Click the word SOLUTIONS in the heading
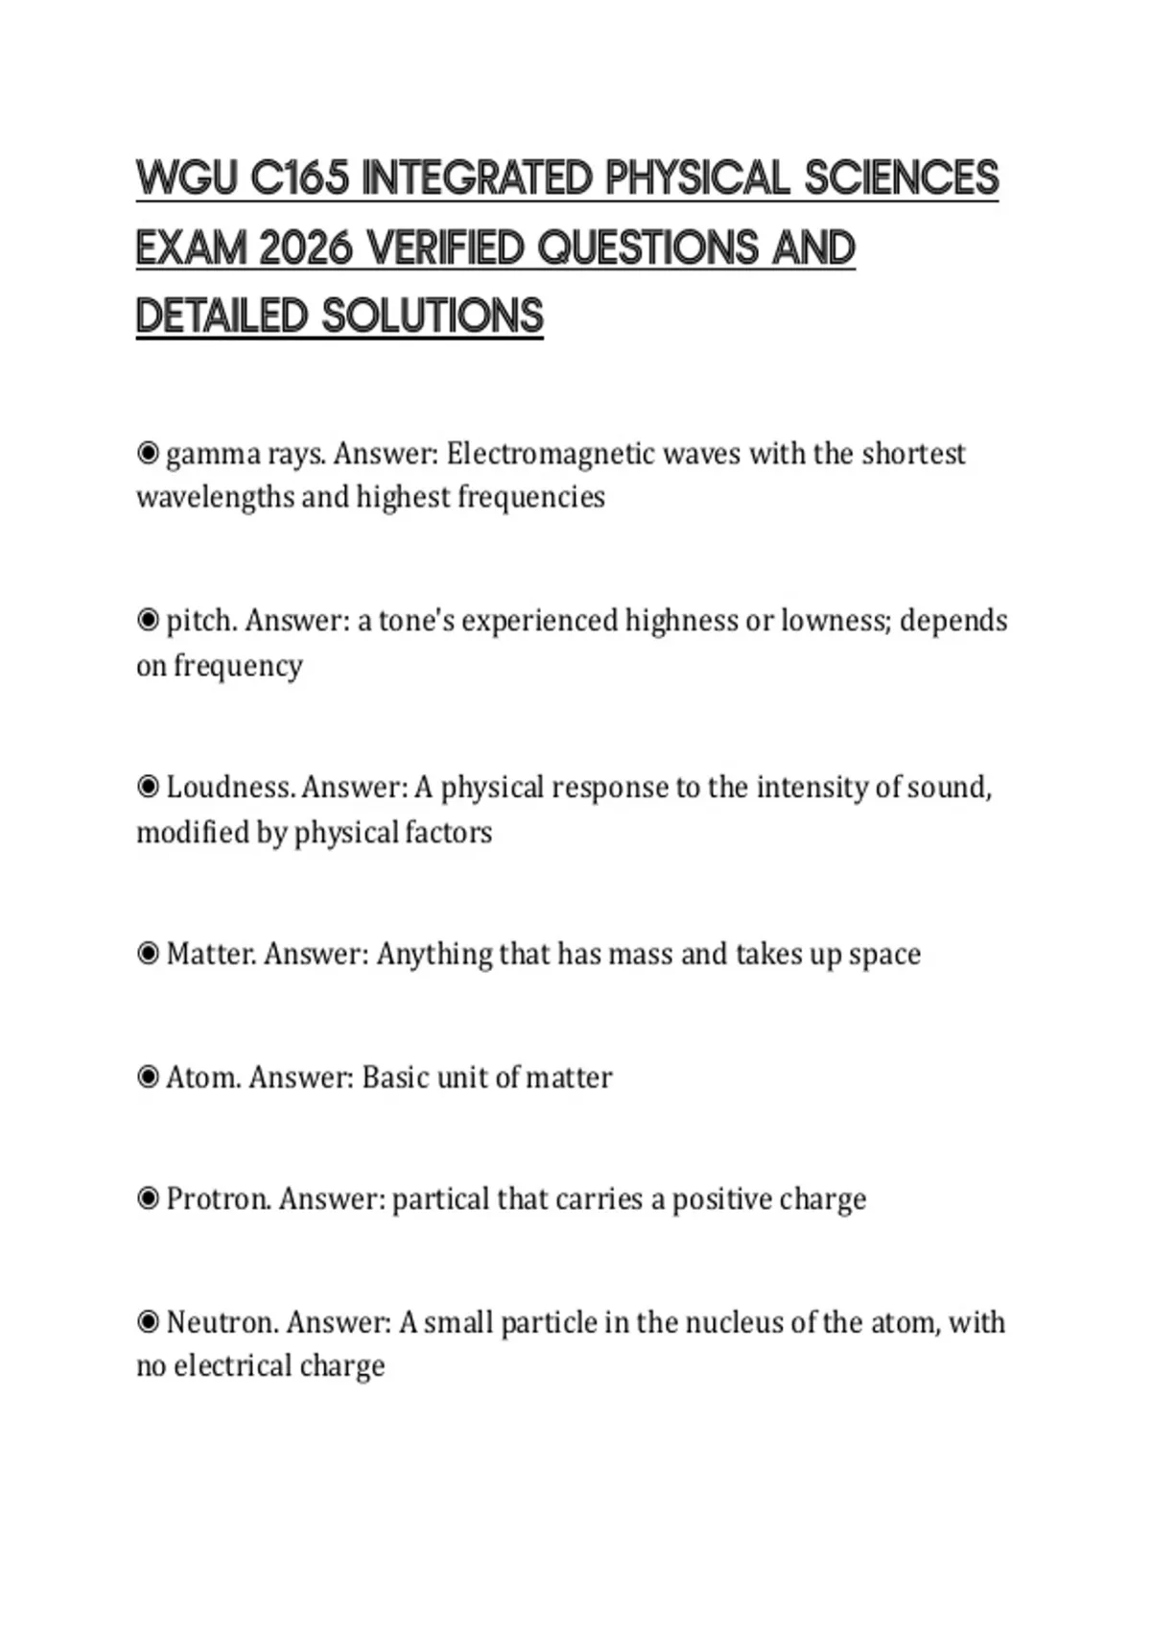click(433, 318)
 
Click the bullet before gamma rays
click(148, 453)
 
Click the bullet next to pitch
click(148, 621)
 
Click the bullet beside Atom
click(148, 1077)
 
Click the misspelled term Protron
click(218, 1199)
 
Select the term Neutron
click(222, 1323)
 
